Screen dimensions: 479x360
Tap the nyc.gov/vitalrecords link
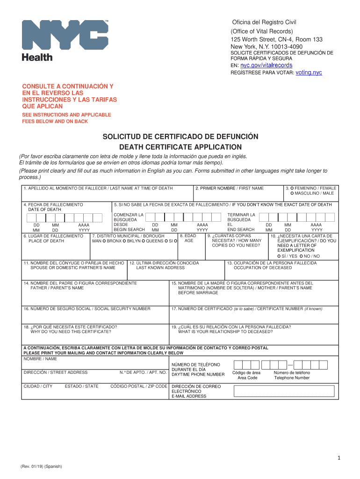[266, 65]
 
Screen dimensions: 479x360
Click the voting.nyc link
[309, 73]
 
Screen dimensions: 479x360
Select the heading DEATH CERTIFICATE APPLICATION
[180, 147]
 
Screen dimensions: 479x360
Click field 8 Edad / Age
[189, 248]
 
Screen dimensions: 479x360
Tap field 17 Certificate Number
[253, 315]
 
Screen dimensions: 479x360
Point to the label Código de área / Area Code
[246, 375]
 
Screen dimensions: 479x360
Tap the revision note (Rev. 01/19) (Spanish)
[41, 467]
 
